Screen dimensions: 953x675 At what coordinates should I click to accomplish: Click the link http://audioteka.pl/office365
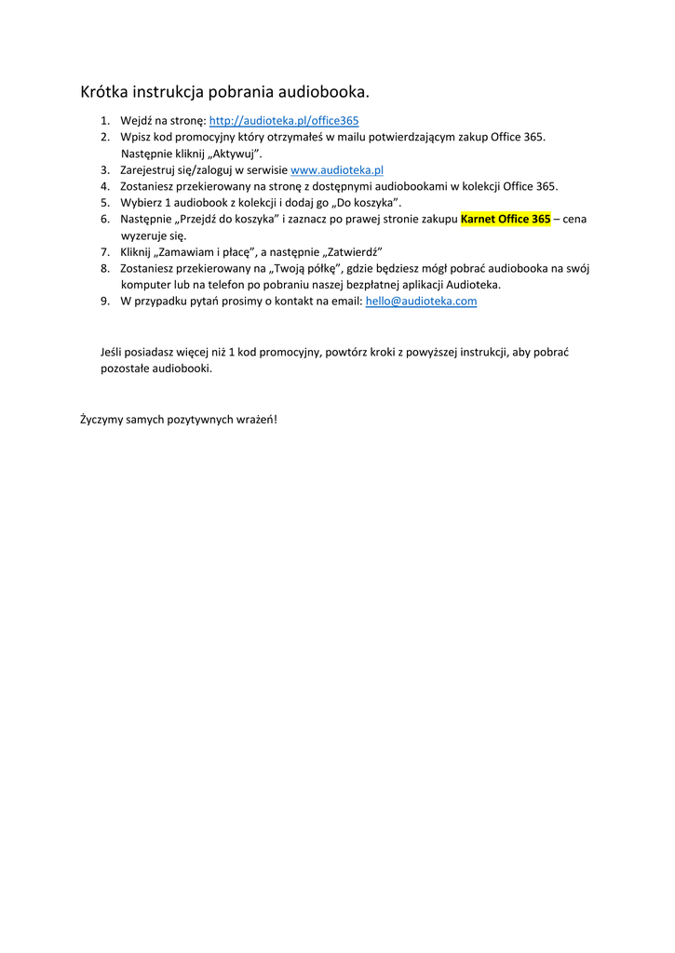(283, 121)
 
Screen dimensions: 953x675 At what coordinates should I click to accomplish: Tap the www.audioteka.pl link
(337, 170)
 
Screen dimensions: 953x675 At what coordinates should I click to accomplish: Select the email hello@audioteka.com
(421, 302)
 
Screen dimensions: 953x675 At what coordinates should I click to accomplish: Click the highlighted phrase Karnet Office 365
(506, 220)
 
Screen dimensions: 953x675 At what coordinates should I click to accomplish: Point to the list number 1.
(105, 121)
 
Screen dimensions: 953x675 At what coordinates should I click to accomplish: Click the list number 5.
(105, 203)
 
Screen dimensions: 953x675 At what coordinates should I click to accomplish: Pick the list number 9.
(105, 302)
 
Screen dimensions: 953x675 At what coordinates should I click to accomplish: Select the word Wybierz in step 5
(141, 203)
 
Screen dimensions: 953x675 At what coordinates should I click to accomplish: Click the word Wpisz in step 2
(135, 137)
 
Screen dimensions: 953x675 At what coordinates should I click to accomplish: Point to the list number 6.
(105, 220)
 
